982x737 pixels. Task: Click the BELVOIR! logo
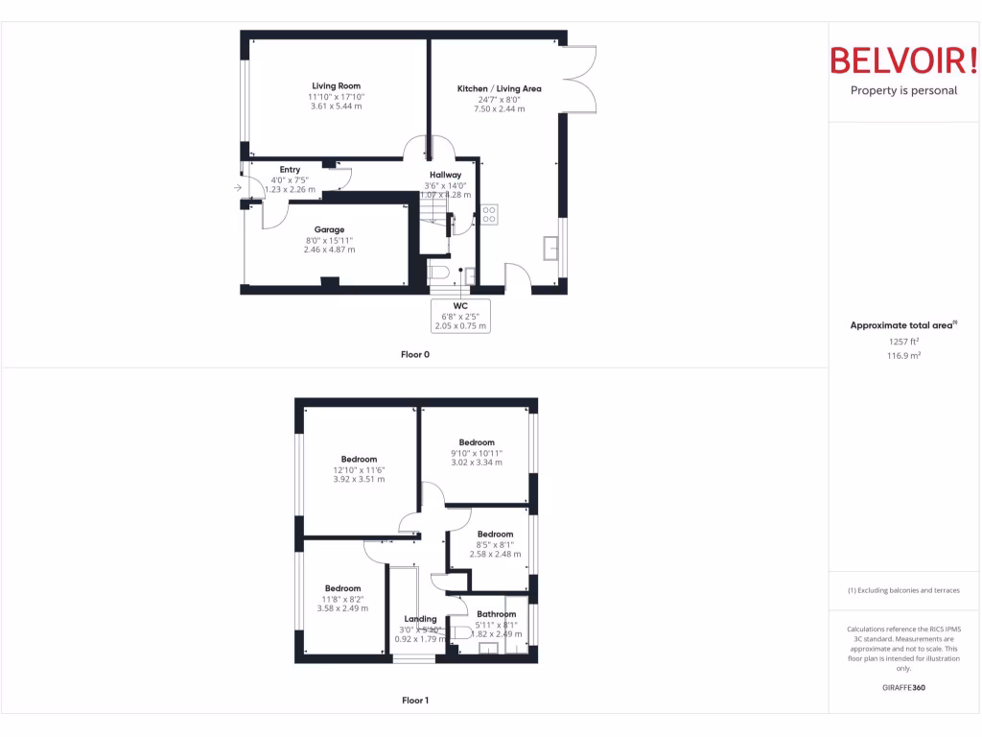(903, 61)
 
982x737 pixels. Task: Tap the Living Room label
(336, 86)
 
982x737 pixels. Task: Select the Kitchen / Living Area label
(499, 89)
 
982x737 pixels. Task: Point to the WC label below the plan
(460, 305)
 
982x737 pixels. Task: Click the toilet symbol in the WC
(439, 273)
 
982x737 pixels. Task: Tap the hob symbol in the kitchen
(489, 214)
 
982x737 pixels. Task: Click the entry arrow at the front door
(237, 188)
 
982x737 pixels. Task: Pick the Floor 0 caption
(415, 355)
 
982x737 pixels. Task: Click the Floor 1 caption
(415, 701)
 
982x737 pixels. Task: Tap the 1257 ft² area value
(903, 341)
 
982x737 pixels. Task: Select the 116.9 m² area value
(903, 355)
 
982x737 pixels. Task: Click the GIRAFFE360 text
(903, 688)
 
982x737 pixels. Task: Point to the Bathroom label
(497, 614)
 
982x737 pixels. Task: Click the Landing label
(420, 619)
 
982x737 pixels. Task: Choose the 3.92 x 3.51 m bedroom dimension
(359, 479)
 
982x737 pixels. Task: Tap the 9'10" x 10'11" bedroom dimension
(477, 453)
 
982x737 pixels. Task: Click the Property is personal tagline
(903, 91)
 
